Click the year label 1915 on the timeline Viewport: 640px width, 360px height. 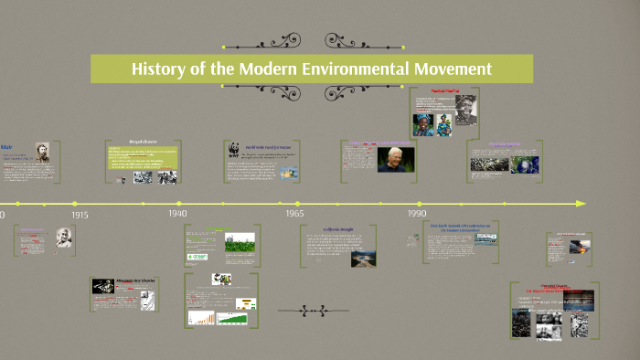pos(80,215)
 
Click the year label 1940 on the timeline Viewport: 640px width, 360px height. pos(177,213)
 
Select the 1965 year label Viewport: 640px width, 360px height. pos(294,213)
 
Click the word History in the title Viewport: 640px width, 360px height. pos(161,69)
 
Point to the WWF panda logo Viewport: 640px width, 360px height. pos(231,152)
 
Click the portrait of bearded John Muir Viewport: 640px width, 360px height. pos(41,154)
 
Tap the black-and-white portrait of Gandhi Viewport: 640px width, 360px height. pos(65,239)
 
